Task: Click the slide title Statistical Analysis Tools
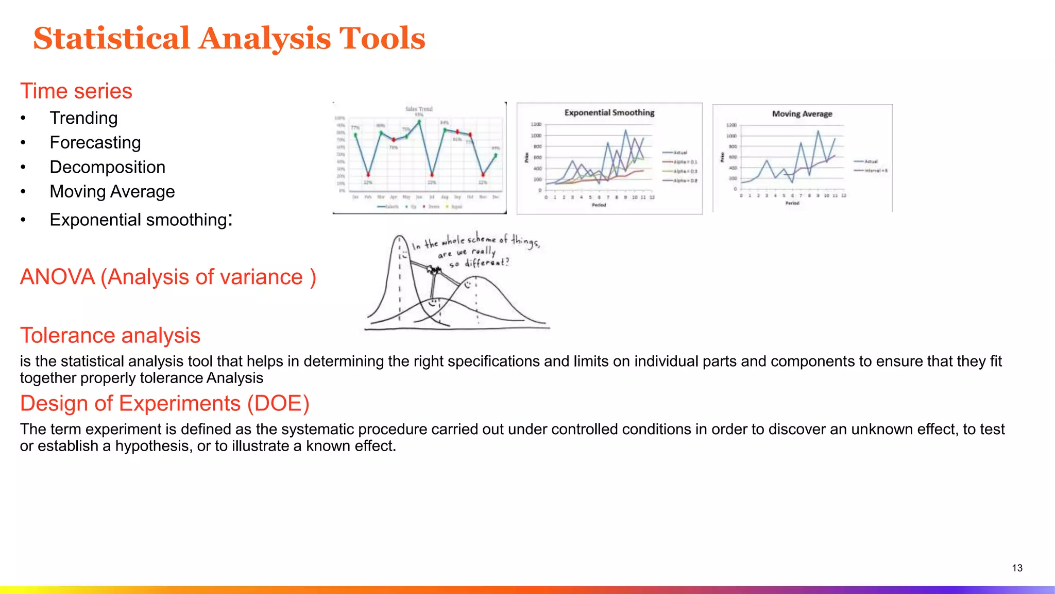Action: [x=229, y=39]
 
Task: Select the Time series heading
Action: [x=76, y=91]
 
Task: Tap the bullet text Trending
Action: [x=83, y=118]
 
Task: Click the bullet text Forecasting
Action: [x=95, y=143]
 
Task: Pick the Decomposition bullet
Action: [x=107, y=167]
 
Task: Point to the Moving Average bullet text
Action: [x=112, y=192]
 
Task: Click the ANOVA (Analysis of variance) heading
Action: [x=168, y=277]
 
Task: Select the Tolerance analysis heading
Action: [x=110, y=336]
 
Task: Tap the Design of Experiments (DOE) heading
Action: [x=164, y=404]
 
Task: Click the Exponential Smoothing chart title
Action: [x=609, y=112]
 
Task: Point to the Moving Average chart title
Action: [x=802, y=114]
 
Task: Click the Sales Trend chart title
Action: [x=419, y=109]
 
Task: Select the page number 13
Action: [x=1017, y=568]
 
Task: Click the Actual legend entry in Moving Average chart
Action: [x=871, y=161]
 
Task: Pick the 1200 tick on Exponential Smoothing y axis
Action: [x=536, y=124]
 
